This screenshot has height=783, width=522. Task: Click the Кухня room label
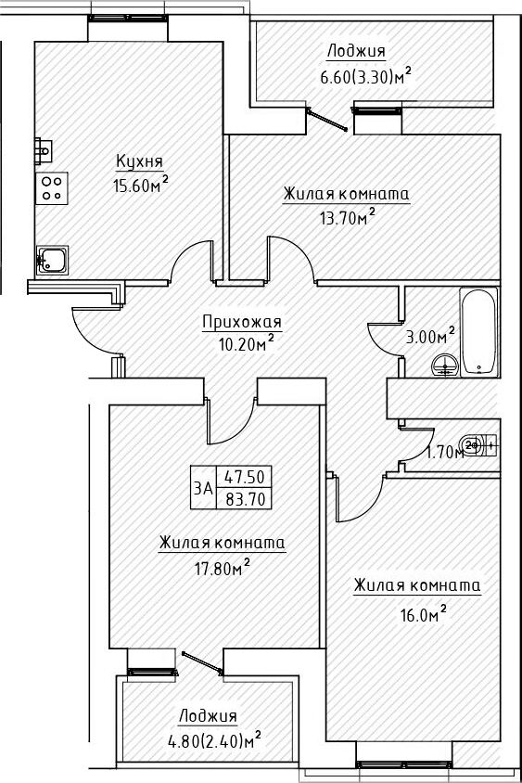pos(134,162)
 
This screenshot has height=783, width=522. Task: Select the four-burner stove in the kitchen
pos(52,188)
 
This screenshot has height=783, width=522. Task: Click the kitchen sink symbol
pos(53,259)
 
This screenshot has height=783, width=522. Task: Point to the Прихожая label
pos(241,322)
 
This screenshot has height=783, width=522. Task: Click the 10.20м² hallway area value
pos(242,343)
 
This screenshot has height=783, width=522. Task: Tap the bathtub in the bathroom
pos(478,332)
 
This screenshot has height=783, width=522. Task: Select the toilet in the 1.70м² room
pos(480,444)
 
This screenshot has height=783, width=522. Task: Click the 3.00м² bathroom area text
pos(430,336)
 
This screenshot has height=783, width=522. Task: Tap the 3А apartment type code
pos(202,487)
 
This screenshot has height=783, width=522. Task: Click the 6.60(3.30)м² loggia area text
pos(364,76)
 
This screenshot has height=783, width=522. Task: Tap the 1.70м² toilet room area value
pos(445,453)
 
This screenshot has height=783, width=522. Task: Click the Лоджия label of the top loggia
pos(355,52)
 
